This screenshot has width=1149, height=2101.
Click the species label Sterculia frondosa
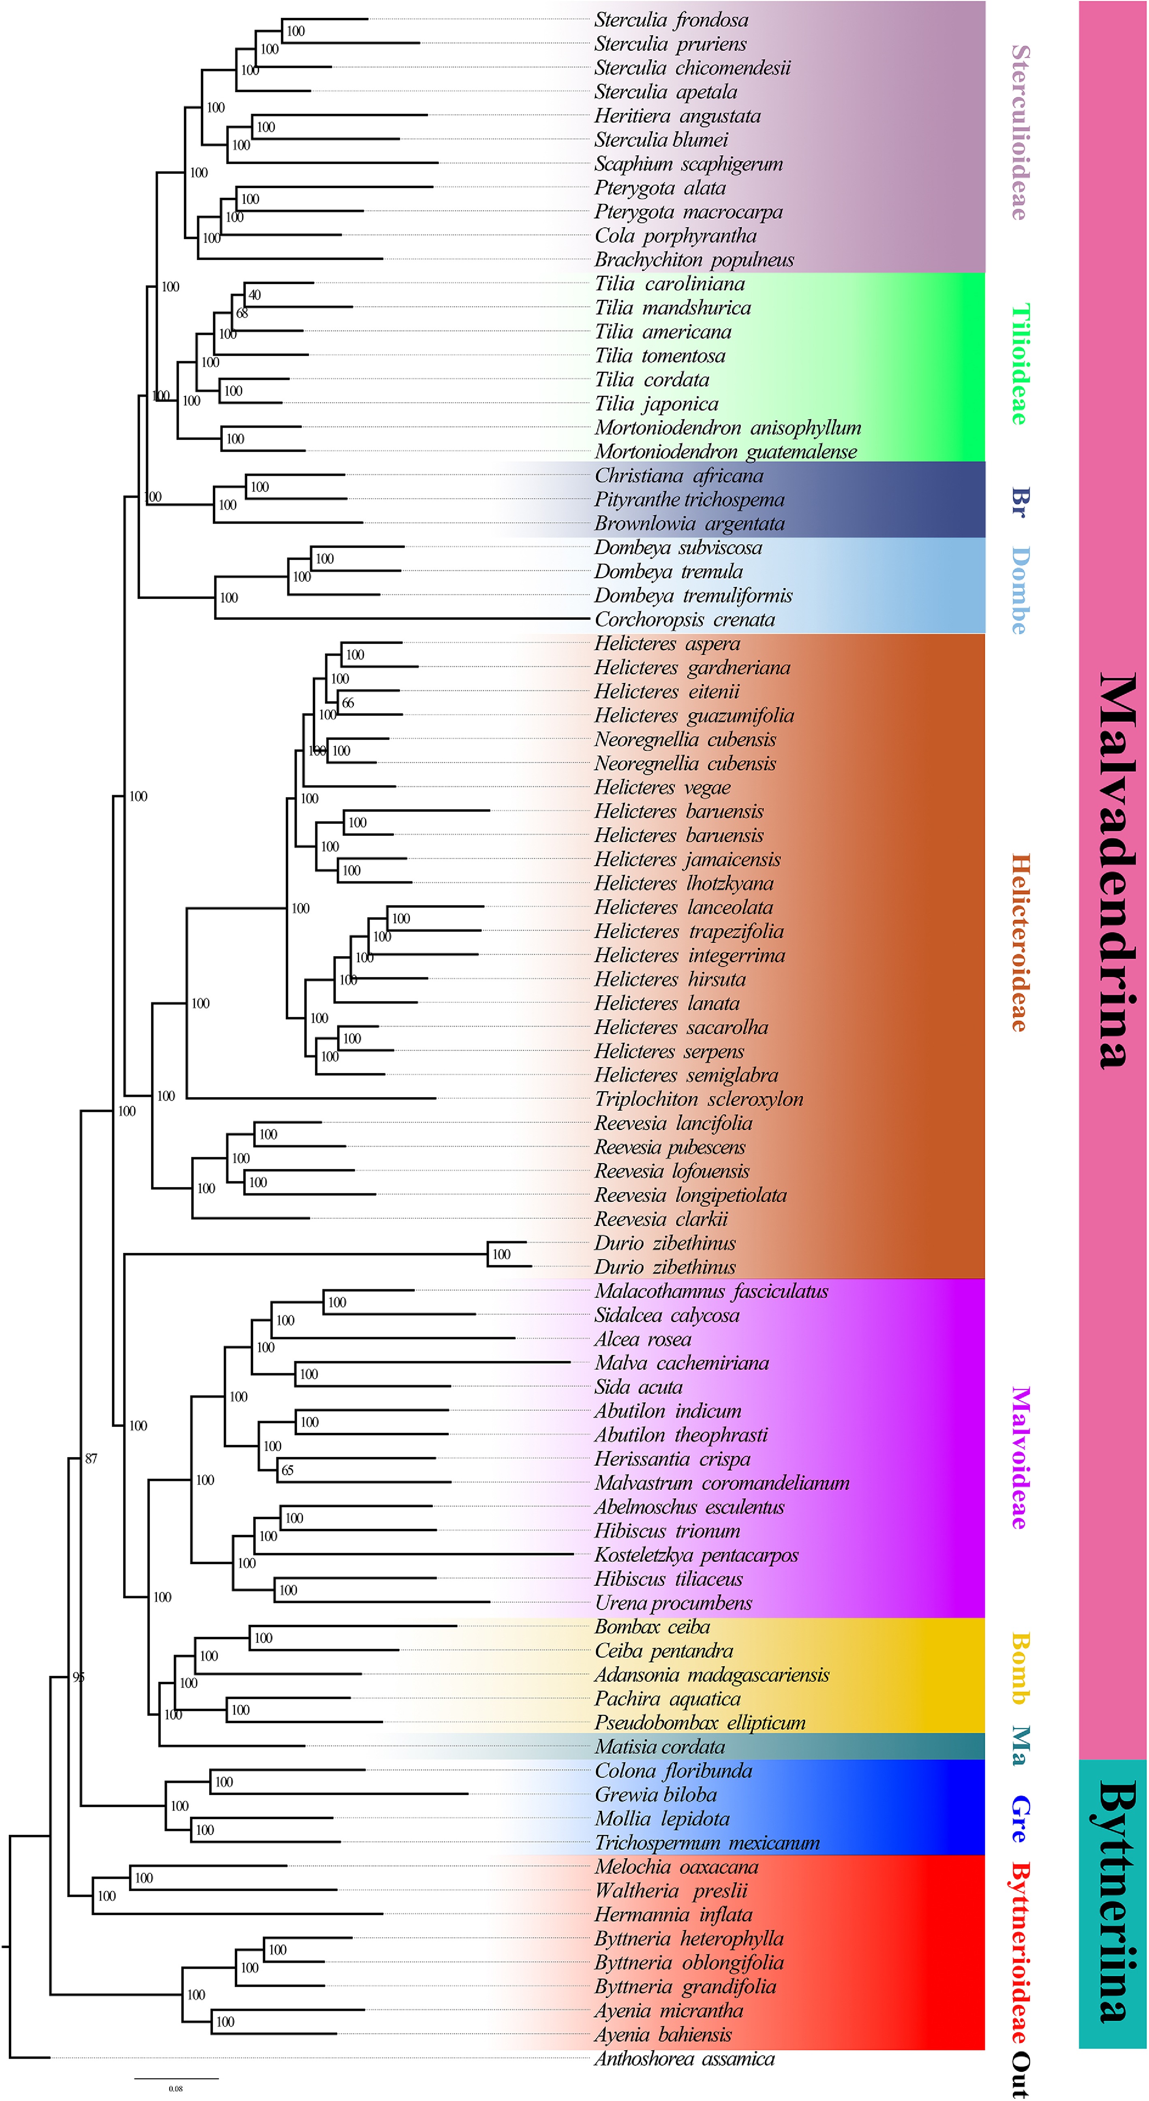point(671,19)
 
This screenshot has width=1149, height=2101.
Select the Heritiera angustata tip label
point(677,116)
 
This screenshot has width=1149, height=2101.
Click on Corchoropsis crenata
point(684,620)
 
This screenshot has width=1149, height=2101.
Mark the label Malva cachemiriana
point(681,1363)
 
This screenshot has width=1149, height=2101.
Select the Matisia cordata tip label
point(659,1746)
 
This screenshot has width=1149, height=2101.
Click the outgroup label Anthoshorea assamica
point(684,2058)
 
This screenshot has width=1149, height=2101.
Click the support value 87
point(90,1458)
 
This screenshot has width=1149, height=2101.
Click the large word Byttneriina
point(1115,1900)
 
